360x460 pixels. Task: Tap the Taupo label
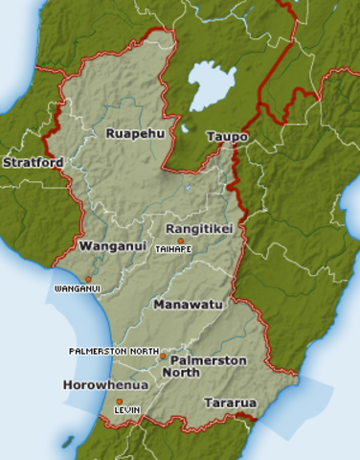point(227,137)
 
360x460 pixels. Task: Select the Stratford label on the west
point(33,163)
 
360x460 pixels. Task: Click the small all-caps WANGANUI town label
point(78,287)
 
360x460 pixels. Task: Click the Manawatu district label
point(188,304)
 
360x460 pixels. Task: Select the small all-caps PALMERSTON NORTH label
point(113,352)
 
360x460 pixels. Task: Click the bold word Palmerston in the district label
point(208,360)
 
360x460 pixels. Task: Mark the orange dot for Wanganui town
point(88,278)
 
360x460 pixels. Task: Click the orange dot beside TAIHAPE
point(180,241)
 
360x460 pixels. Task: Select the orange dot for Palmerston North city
point(163,356)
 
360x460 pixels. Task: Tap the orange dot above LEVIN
point(120,401)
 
